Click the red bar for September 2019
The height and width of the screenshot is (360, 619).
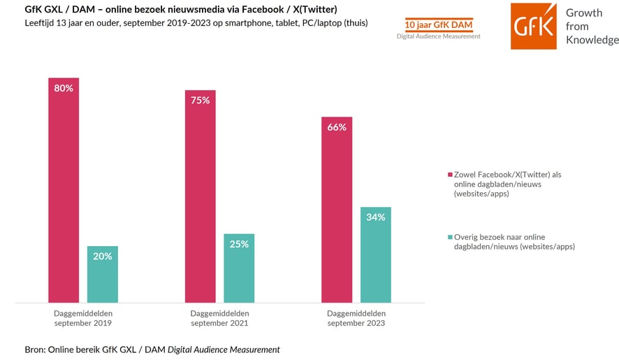click(x=64, y=190)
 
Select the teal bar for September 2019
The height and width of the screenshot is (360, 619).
click(x=103, y=274)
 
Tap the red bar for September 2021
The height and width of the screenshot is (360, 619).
click(x=200, y=196)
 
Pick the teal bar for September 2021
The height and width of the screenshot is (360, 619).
click(x=239, y=268)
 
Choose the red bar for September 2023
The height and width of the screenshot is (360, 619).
click(x=337, y=210)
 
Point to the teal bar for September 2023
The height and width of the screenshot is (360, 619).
click(x=376, y=255)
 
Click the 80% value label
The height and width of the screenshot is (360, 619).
click(x=64, y=88)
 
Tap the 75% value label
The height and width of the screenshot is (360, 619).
click(x=200, y=101)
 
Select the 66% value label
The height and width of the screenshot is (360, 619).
click(x=337, y=127)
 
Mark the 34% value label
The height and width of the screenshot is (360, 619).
click(x=376, y=217)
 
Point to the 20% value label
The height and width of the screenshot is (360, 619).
click(x=103, y=257)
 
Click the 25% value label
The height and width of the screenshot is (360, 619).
click(x=239, y=244)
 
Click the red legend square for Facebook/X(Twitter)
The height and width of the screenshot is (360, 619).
click(x=450, y=175)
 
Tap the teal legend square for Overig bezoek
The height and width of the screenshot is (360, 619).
click(x=450, y=237)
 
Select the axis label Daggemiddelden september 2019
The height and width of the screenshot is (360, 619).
click(x=83, y=318)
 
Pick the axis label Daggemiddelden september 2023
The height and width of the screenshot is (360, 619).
click(x=356, y=318)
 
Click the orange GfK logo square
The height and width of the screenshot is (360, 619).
click(x=533, y=26)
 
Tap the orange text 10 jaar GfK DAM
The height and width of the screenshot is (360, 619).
click(x=439, y=25)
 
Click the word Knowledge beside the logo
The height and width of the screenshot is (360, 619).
click(x=592, y=41)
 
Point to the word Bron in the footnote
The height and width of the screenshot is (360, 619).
click(x=34, y=350)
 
